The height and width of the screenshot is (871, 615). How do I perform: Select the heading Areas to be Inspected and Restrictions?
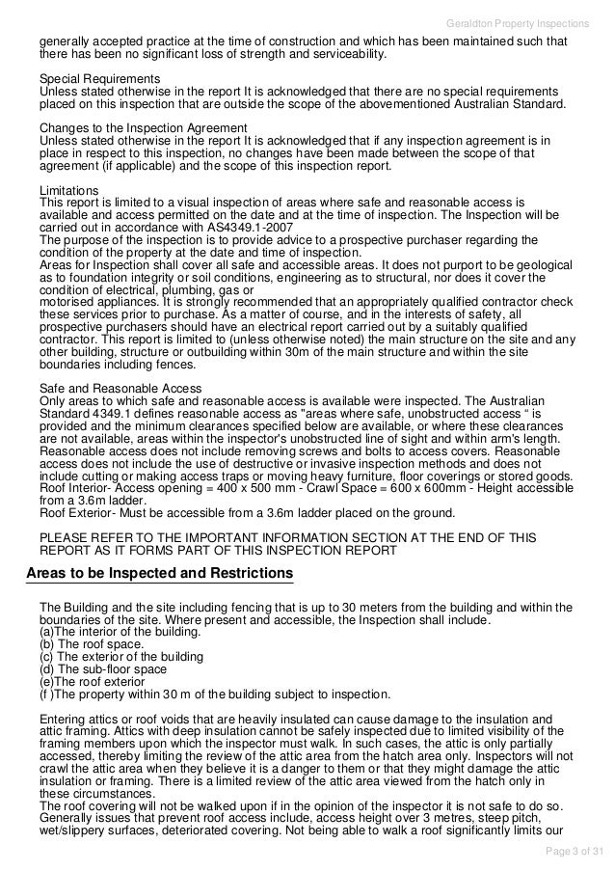pos(160,574)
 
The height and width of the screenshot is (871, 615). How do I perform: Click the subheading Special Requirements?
pos(99,78)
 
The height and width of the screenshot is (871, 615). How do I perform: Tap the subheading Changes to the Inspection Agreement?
pos(143,128)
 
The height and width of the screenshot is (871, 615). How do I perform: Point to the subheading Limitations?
pos(68,190)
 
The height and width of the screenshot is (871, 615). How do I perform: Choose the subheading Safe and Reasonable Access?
pos(120,389)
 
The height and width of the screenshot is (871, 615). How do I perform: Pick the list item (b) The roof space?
pos(91,644)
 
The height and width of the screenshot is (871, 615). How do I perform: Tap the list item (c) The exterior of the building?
pos(120,657)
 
